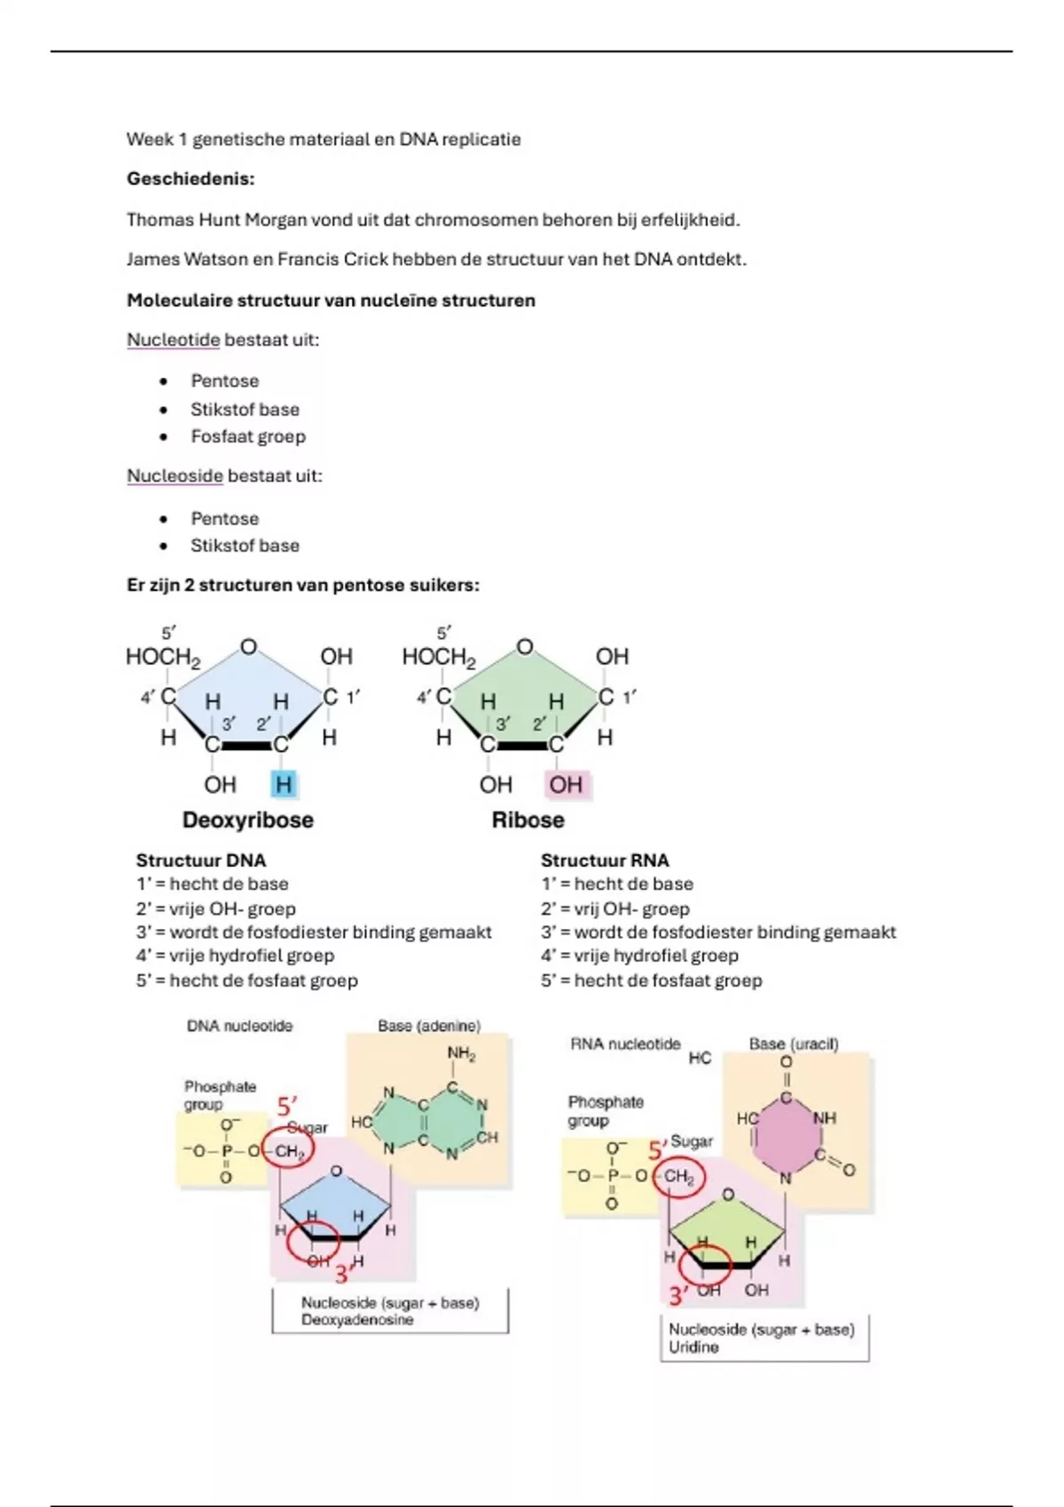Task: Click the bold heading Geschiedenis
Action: (x=190, y=179)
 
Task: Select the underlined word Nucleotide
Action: (x=173, y=340)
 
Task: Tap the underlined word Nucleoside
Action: (x=175, y=476)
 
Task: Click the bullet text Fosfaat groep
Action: (x=247, y=436)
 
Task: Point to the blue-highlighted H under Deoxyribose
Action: (x=283, y=785)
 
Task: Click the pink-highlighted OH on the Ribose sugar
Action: (x=566, y=785)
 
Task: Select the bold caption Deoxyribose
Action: (x=247, y=820)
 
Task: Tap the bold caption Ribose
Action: (x=528, y=820)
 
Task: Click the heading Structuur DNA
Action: (x=200, y=861)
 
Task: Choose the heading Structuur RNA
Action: (x=605, y=861)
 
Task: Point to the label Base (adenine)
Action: (x=429, y=1026)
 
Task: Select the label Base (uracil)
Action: (x=794, y=1044)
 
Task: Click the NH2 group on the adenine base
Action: (x=461, y=1054)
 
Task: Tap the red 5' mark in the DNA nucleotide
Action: (x=286, y=1107)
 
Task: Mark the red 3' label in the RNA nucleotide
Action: (x=678, y=1296)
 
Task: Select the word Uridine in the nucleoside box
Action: (x=693, y=1347)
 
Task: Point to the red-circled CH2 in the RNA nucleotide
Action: (x=678, y=1177)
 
